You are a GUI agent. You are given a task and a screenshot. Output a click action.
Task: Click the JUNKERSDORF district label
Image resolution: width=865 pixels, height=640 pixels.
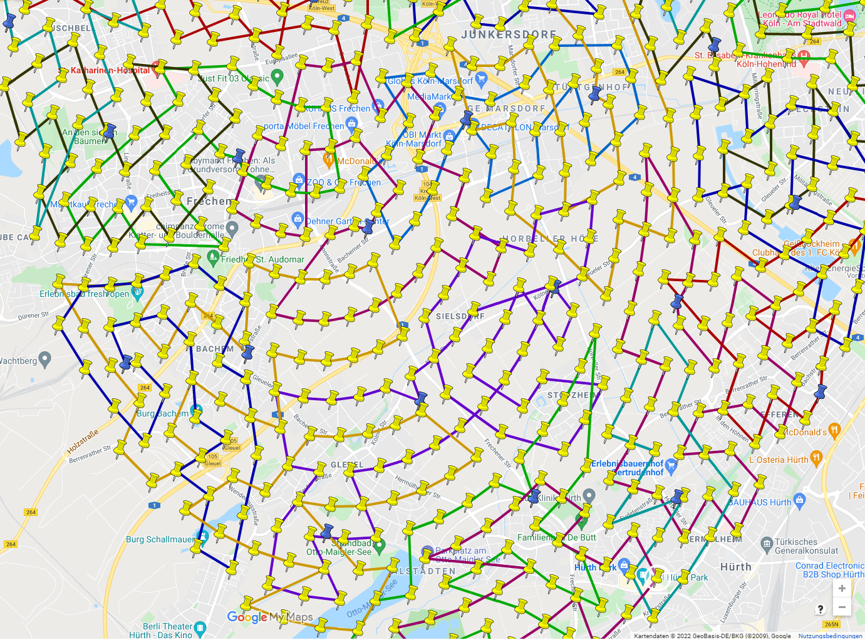coord(509,34)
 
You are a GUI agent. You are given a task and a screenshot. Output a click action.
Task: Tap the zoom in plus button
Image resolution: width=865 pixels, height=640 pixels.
coord(842,589)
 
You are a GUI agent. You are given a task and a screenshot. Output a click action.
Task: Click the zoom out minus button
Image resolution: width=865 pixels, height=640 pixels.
coord(842,607)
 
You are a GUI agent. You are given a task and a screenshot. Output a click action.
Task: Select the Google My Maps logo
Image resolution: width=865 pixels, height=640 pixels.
coord(269,617)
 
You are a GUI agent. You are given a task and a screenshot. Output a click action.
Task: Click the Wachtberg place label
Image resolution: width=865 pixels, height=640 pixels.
coord(19,361)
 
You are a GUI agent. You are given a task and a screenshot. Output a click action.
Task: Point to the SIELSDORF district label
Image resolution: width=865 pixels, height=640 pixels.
coord(460,316)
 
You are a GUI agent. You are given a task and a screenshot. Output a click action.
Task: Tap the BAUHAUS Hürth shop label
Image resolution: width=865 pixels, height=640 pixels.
coord(759,502)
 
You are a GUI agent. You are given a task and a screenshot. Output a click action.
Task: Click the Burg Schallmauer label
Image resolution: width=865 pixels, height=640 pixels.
coord(160,539)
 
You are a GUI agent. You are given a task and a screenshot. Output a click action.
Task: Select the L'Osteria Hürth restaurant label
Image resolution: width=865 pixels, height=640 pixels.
coord(779,460)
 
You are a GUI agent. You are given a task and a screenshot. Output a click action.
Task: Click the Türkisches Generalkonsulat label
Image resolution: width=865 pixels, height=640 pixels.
coord(805,546)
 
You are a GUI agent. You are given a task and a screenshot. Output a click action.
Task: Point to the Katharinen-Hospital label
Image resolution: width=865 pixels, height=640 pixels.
coord(110,70)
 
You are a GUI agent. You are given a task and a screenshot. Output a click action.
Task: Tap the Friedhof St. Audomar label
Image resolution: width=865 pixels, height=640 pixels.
coord(262,259)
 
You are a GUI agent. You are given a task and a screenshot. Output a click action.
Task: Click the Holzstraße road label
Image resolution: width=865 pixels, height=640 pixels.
coord(83,442)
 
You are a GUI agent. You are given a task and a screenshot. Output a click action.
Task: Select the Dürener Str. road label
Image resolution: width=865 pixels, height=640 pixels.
coord(34,316)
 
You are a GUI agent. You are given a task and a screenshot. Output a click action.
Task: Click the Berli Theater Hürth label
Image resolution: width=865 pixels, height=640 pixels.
coord(167,630)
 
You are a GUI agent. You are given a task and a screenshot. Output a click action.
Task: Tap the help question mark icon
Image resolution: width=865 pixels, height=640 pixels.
coord(821,609)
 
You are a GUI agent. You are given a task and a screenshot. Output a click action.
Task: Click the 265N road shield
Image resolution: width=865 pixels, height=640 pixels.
coord(831,624)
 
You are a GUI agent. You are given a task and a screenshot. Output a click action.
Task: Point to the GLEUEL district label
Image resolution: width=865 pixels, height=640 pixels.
coord(346,465)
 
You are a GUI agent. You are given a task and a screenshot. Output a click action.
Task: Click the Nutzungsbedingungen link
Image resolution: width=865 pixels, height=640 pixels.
coord(830,636)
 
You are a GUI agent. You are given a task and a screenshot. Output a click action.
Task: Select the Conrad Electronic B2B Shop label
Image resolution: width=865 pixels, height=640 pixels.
coord(829,570)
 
